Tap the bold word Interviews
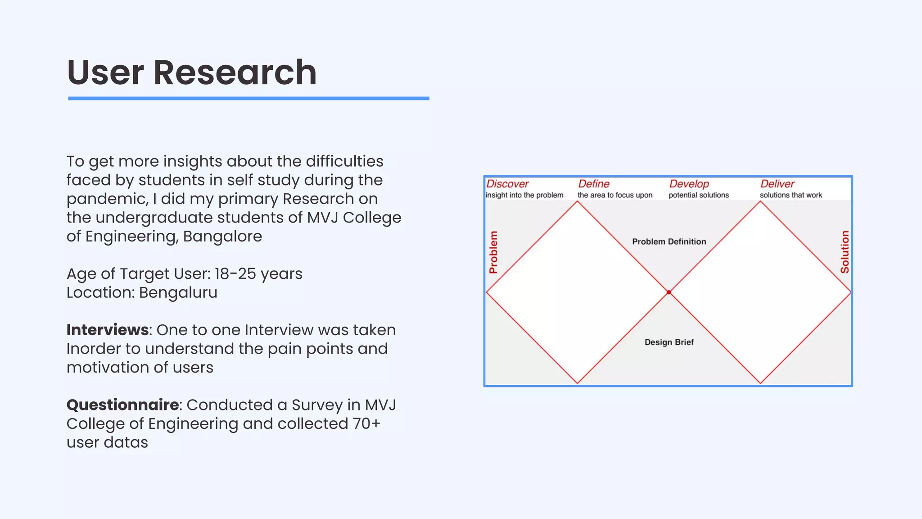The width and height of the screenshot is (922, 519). point(108,330)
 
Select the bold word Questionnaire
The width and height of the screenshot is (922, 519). point(123,405)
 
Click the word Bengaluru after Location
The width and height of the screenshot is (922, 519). point(178,292)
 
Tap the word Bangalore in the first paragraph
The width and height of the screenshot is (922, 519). point(222,236)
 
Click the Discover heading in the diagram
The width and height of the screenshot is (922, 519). point(507,184)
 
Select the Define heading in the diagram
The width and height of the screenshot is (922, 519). point(594,184)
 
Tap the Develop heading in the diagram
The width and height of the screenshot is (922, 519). point(689,184)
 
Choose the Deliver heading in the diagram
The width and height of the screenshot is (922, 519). point(777,184)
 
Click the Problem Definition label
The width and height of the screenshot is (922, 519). point(669,241)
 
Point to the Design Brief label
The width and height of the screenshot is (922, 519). point(669,342)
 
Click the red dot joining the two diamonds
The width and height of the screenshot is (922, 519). point(669,292)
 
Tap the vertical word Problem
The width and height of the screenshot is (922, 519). point(493,252)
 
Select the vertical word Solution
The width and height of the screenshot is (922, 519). point(845,252)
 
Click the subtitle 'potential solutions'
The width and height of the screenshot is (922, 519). point(699,195)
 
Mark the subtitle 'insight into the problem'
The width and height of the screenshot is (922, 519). point(524,195)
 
